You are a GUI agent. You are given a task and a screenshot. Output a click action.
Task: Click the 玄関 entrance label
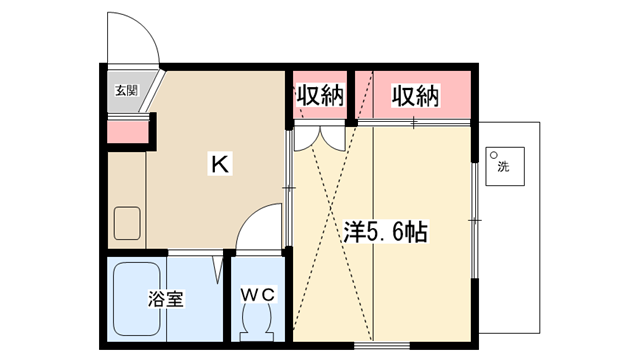(x=127, y=90)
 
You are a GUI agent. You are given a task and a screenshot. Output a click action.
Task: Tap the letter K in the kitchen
(x=220, y=164)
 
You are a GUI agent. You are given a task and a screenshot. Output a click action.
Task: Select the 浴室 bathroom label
(x=166, y=299)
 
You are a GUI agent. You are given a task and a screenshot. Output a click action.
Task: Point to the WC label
(x=257, y=294)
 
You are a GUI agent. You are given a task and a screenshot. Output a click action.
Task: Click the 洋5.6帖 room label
(x=385, y=232)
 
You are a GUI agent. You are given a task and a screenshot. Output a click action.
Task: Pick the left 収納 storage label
(x=320, y=95)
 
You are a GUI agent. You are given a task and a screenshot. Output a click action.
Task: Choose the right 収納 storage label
(x=415, y=96)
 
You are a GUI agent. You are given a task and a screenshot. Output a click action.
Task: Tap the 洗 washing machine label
(x=504, y=167)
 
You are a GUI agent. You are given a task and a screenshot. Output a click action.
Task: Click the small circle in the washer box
(x=493, y=155)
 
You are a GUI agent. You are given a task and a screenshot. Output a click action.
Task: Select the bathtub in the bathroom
(x=136, y=299)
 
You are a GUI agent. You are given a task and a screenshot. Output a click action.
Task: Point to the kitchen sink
(x=127, y=223)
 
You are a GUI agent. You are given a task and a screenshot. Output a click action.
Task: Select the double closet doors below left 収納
(x=320, y=138)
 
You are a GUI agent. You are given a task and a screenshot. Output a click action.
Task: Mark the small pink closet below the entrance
(x=128, y=132)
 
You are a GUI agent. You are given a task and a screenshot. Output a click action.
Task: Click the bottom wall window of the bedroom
(x=382, y=346)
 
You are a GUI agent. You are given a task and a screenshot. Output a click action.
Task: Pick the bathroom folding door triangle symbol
(x=218, y=269)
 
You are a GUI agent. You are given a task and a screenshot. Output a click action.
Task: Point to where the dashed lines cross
(x=331, y=209)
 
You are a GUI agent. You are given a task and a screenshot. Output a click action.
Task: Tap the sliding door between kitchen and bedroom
(x=289, y=188)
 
